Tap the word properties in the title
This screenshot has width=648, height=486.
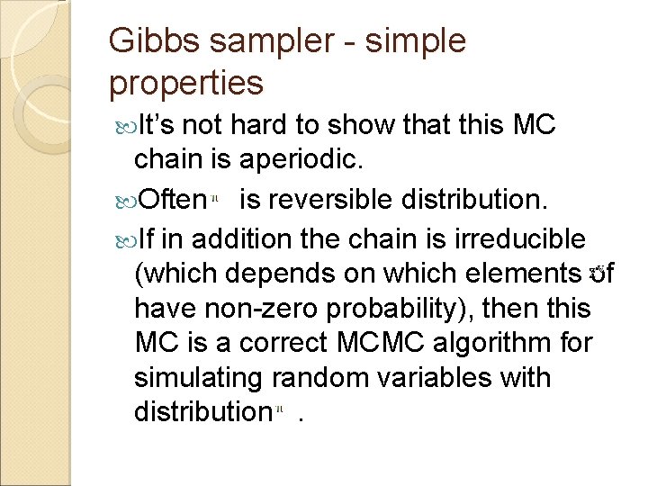185,83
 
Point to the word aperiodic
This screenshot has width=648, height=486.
311,160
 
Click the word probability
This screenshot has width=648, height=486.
405,309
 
